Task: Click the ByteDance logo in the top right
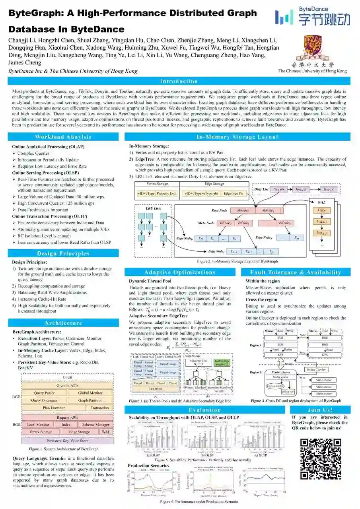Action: click(312, 17)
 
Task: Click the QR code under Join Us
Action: click(321, 458)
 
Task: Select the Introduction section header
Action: click(179, 81)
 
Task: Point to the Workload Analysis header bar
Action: click(63, 137)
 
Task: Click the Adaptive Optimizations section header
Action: click(180, 272)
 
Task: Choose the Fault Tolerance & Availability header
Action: click(296, 272)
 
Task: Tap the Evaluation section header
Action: click(205, 410)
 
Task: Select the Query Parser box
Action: click(44, 393)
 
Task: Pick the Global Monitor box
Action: click(90, 393)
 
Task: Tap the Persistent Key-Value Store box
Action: click(67, 441)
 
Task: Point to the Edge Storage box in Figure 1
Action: click(80, 431)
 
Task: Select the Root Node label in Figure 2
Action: click(219, 210)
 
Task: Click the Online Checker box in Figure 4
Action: click(316, 369)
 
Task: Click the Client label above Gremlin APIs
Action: click(67, 377)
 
